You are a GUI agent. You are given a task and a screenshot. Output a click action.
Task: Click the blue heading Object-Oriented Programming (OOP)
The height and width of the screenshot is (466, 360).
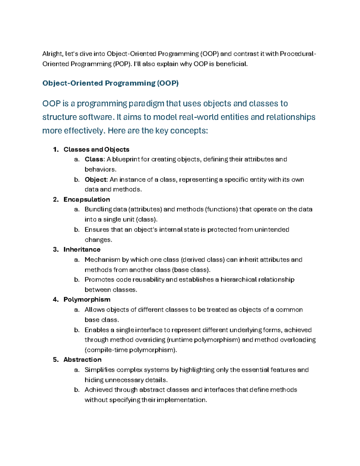click(x=110, y=83)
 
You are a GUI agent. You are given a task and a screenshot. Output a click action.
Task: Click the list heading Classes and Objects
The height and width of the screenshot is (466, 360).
click(x=96, y=149)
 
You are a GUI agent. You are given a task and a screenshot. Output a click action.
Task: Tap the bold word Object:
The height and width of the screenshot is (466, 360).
click(x=96, y=179)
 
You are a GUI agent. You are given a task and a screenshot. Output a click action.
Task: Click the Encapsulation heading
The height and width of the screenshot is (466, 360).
click(x=86, y=200)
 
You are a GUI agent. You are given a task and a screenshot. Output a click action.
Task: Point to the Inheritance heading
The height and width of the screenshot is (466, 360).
click(x=82, y=249)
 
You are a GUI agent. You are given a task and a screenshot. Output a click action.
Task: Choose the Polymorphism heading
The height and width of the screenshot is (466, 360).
click(x=87, y=299)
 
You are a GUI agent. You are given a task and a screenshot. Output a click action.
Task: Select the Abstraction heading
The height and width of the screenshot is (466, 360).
click(x=82, y=359)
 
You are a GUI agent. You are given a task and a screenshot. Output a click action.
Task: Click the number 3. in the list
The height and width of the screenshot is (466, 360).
click(x=56, y=249)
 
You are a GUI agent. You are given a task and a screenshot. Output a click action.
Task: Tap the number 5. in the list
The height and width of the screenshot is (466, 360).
click(x=56, y=359)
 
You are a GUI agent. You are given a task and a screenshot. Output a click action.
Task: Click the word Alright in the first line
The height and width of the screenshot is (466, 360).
click(x=52, y=54)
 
